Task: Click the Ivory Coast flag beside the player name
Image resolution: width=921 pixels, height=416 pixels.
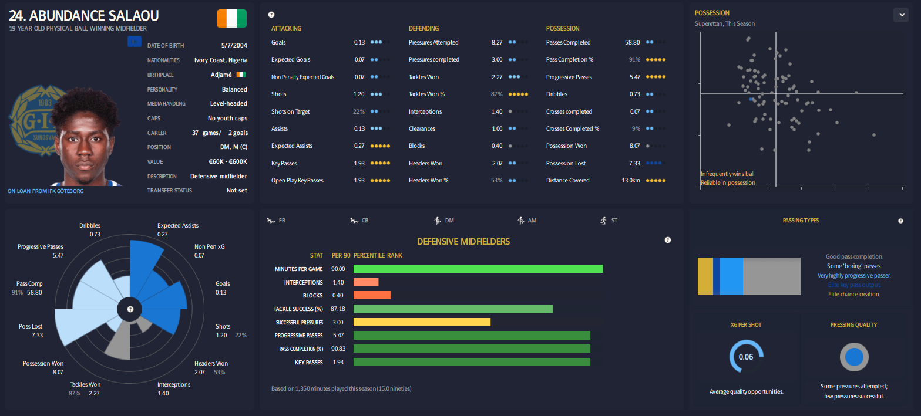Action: point(231,18)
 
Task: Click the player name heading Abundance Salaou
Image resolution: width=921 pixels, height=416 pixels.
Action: point(83,16)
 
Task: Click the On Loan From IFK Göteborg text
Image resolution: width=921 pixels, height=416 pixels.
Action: point(46,191)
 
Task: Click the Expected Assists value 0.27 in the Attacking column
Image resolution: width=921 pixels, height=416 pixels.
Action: point(359,146)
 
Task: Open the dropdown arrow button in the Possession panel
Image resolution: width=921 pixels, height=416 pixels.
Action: point(900,15)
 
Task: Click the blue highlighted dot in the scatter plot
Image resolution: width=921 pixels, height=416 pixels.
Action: point(751,100)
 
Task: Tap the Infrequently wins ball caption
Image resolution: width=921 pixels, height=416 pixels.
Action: point(728,174)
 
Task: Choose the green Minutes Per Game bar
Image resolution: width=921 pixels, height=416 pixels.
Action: point(478,269)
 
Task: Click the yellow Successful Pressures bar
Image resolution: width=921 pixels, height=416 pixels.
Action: point(421,322)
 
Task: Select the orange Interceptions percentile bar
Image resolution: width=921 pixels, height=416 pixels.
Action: point(365,282)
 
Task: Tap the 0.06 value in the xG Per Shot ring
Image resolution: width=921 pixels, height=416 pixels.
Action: point(745,357)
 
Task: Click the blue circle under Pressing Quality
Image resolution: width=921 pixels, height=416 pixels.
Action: point(853,357)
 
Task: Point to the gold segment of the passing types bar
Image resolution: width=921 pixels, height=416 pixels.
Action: point(705,276)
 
